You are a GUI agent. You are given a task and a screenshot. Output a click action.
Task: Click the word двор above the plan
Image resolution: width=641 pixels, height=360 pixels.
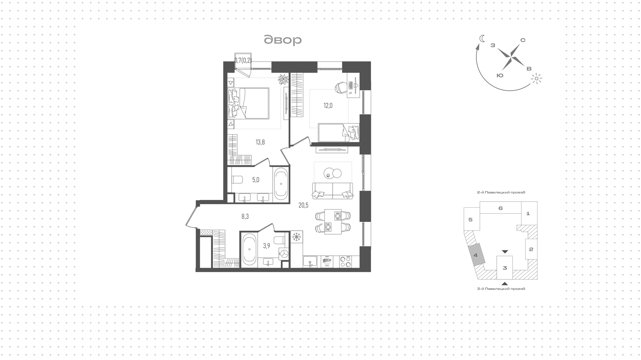[283, 40]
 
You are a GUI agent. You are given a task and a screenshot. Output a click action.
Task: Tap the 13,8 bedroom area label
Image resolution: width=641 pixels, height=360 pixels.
[260, 142]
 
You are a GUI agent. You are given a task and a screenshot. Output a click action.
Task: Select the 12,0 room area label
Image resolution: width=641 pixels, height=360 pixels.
[328, 106]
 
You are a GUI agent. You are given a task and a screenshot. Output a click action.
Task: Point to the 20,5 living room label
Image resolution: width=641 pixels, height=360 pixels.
[303, 205]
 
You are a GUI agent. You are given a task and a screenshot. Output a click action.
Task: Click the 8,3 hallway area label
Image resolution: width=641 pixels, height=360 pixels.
[245, 216]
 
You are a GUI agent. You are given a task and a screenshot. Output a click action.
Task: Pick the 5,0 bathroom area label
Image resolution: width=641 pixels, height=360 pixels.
[256, 180]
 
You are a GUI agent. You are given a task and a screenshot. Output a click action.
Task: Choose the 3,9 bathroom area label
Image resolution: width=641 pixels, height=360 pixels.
[266, 246]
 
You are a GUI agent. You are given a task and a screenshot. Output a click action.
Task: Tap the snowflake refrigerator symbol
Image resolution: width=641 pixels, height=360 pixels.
[296, 237]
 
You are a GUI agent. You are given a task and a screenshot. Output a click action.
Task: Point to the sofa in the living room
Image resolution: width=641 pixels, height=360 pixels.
[333, 191]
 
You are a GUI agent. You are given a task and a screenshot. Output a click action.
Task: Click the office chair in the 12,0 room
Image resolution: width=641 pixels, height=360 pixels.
[341, 87]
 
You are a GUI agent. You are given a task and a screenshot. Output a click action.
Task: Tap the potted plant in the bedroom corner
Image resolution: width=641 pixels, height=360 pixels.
[283, 79]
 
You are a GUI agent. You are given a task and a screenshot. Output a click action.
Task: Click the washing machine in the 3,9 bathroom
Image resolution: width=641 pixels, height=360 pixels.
[284, 253]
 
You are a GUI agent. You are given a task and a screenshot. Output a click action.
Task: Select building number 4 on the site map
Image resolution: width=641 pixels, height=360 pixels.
[476, 255]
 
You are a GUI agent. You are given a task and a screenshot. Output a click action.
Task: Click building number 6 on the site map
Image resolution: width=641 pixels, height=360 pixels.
[500, 208]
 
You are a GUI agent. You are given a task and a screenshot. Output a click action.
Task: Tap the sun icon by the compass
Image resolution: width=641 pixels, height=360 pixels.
[537, 79]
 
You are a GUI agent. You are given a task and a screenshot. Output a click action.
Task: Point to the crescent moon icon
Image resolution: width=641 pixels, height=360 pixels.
[482, 38]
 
